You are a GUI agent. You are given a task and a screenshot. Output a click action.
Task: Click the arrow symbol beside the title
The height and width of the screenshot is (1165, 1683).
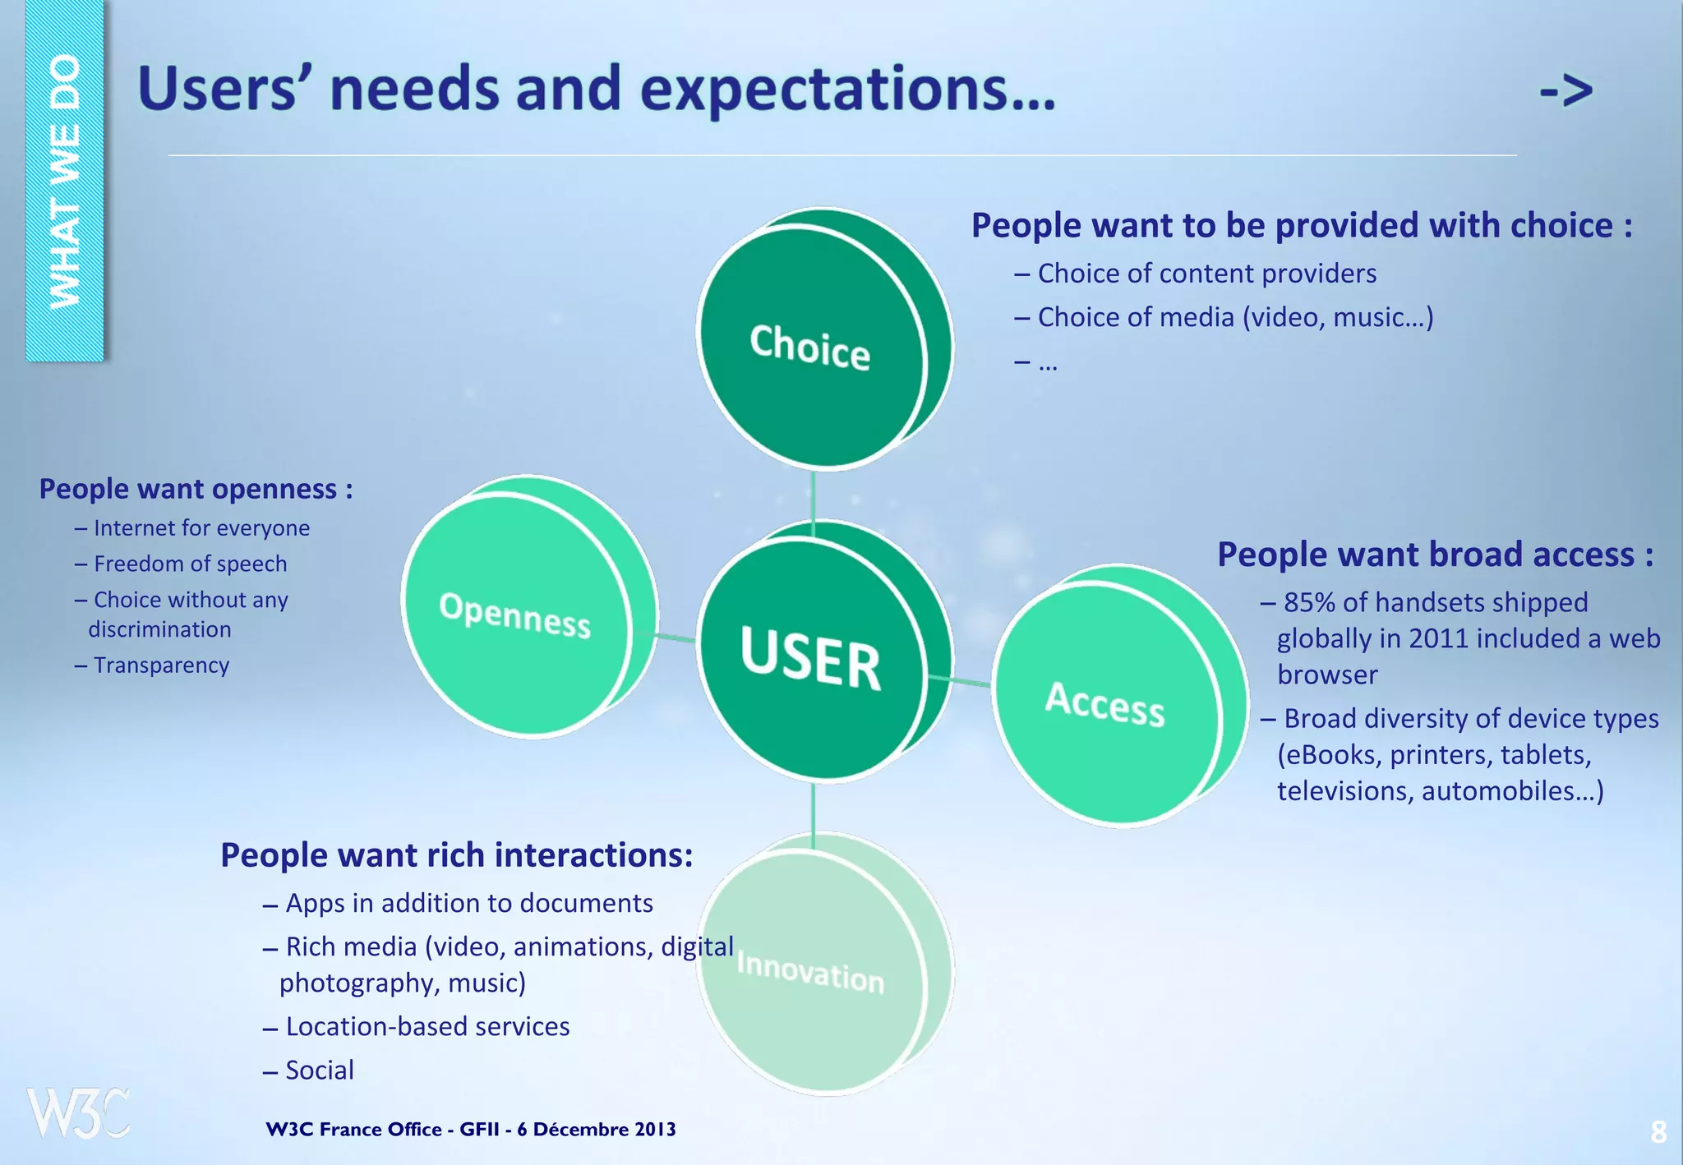tap(1566, 90)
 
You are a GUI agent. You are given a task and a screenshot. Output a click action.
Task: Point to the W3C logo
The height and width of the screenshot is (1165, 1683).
tap(78, 1113)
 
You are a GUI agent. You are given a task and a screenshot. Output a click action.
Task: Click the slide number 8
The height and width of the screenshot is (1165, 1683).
tap(1658, 1132)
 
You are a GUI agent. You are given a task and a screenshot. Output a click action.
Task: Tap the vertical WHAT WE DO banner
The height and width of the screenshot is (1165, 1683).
tap(65, 181)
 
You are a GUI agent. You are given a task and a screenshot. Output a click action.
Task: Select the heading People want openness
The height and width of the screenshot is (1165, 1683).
tap(196, 489)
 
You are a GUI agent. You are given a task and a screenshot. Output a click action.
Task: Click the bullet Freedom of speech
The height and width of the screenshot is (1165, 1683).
tap(190, 564)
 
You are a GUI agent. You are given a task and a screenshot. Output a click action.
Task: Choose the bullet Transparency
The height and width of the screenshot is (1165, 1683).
tap(161, 665)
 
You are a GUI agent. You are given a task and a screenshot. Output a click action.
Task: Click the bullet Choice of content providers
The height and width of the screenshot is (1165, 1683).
tap(1206, 274)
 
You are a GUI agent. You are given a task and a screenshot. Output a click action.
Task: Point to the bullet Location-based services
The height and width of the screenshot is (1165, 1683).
tap(427, 1026)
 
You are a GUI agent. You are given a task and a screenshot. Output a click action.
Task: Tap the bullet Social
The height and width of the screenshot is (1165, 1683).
tap(320, 1070)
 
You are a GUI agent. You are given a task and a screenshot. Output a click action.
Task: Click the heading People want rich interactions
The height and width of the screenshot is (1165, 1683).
tap(456, 855)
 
